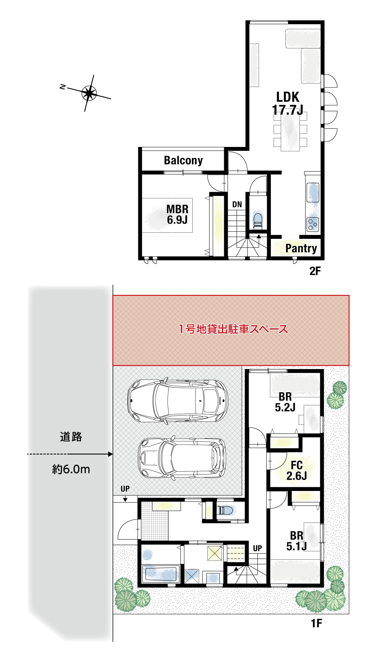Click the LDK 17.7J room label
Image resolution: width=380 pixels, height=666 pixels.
(x=288, y=103)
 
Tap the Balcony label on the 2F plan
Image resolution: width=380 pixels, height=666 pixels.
(x=183, y=160)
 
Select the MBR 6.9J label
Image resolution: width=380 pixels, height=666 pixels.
(x=177, y=214)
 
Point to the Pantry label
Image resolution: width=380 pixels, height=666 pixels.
(x=301, y=248)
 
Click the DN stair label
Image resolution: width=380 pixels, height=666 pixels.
(x=237, y=204)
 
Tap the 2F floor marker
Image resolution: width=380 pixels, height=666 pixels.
(x=315, y=271)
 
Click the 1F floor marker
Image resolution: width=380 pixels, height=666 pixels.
(x=316, y=623)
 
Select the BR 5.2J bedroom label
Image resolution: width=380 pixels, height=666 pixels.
(x=285, y=402)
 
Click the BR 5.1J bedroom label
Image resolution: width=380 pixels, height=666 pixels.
(x=296, y=541)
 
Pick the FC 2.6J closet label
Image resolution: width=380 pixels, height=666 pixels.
(x=296, y=470)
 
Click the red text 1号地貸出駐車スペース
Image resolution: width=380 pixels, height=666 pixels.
(x=233, y=329)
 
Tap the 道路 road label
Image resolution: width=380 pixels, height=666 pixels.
(x=71, y=437)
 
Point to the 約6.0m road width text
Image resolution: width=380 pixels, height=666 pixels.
(x=71, y=469)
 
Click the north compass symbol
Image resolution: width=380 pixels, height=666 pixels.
(x=89, y=93)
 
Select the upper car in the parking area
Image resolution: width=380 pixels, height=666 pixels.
(x=177, y=401)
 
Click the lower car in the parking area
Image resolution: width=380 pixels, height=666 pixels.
(x=182, y=458)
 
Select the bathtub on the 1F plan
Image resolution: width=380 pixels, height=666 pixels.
(x=161, y=573)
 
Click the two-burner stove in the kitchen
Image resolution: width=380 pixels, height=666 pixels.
(x=313, y=224)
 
